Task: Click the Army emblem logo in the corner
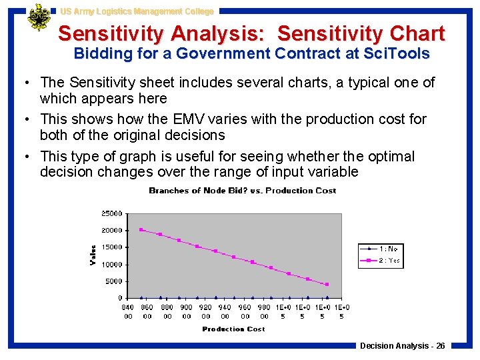(39, 18)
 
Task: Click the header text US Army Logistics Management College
(137, 11)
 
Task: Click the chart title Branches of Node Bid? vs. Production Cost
(243, 191)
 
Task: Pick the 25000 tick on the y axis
(111, 214)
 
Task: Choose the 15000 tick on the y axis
(111, 247)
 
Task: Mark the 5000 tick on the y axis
(113, 281)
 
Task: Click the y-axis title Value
(93, 255)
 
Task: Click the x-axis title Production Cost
(233, 329)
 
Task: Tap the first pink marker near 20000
(141, 230)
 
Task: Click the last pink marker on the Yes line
(327, 285)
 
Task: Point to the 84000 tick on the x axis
(128, 311)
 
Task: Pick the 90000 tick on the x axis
(187, 311)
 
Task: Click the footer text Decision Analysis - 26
(403, 345)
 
